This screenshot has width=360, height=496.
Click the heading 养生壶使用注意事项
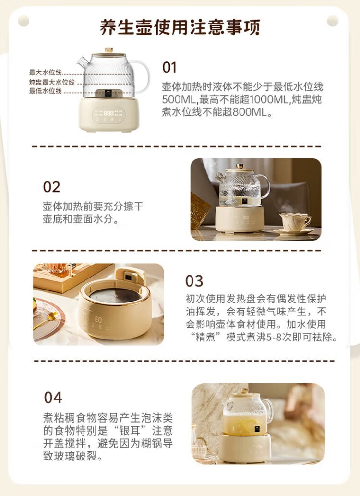pyautogui.click(x=180, y=27)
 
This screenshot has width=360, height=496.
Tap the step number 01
pyautogui.click(x=169, y=67)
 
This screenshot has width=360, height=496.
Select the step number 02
pyautogui.click(x=51, y=187)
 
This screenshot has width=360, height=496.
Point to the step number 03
pyautogui.click(x=194, y=281)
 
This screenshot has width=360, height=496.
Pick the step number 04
pyautogui.click(x=53, y=398)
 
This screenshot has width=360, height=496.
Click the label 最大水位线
pyautogui.click(x=45, y=73)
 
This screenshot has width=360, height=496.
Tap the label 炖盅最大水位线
pyautogui.click(x=52, y=82)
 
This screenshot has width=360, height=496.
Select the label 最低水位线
pyautogui.click(x=45, y=91)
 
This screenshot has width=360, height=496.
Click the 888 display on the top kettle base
pyautogui.click(x=108, y=113)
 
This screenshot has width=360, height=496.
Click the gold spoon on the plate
pyautogui.click(x=47, y=319)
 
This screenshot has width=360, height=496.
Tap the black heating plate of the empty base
pyautogui.click(x=115, y=295)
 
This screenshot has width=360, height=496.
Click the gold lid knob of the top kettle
pyautogui.click(x=109, y=50)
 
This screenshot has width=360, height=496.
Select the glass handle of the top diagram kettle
pyautogui.click(x=142, y=76)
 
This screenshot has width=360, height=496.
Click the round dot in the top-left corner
pyautogui.click(x=24, y=21)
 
